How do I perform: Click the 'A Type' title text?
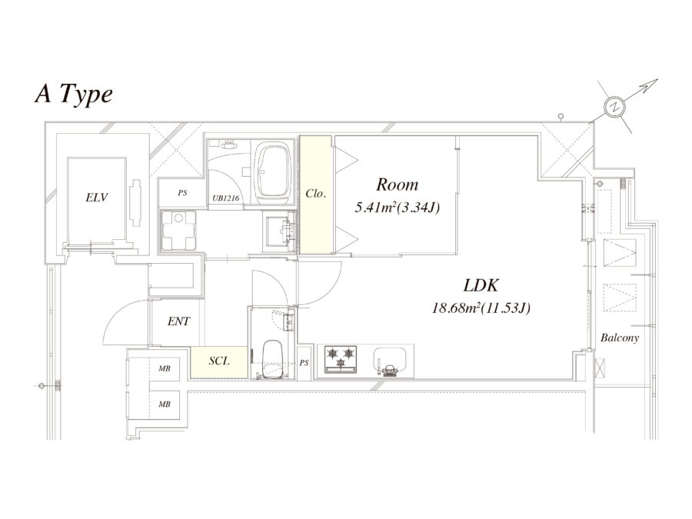pyautogui.click(x=75, y=94)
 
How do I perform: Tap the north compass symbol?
pyautogui.click(x=614, y=108)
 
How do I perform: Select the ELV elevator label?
pyautogui.click(x=97, y=198)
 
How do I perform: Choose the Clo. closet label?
pyautogui.click(x=315, y=195)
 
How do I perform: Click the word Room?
pyautogui.click(x=397, y=185)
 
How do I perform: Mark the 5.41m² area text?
pyautogui.click(x=397, y=207)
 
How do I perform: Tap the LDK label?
pyautogui.click(x=482, y=285)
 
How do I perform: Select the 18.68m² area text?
pyautogui.click(x=482, y=308)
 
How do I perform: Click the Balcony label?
pyautogui.click(x=620, y=338)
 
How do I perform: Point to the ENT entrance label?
pyautogui.click(x=178, y=321)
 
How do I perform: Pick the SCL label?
pyautogui.click(x=218, y=359)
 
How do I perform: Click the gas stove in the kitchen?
pyautogui.click(x=341, y=358)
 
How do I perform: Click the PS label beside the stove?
pyautogui.click(x=304, y=362)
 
